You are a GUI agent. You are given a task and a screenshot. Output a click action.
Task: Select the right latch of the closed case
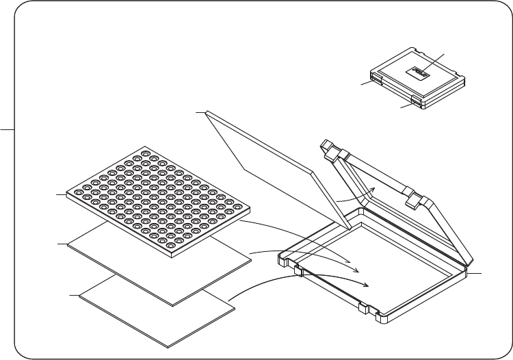click(416, 102)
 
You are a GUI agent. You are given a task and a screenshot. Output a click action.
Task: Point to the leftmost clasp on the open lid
click(328, 148)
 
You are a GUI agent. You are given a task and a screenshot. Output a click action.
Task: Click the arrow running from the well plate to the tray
click(301, 239)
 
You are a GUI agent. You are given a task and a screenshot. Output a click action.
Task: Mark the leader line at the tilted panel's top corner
click(200, 112)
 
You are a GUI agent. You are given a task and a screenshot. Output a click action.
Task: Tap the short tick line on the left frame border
click(7, 128)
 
